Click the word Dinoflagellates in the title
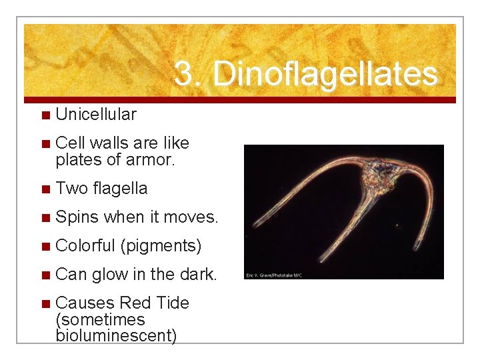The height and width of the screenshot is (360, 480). pyautogui.click(x=325, y=75)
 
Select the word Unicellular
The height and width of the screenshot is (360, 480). pyautogui.click(x=96, y=115)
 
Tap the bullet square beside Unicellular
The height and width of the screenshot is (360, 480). pyautogui.click(x=45, y=115)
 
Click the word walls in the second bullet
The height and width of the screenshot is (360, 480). pyautogui.click(x=110, y=143)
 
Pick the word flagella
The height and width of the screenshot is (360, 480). pyautogui.click(x=121, y=189)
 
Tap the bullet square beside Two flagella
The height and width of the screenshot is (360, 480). pyautogui.click(x=45, y=189)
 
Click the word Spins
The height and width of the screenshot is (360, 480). pyautogui.click(x=78, y=217)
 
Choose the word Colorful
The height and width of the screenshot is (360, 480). pyautogui.click(x=85, y=246)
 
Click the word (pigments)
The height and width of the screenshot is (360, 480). pyautogui.click(x=161, y=246)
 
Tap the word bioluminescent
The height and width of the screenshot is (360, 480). pyautogui.click(x=116, y=335)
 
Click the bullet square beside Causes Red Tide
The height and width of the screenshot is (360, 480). pyautogui.click(x=45, y=303)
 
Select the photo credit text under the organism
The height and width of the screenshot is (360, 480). pyautogui.click(x=274, y=275)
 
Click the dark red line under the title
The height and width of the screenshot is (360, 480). pyautogui.click(x=240, y=100)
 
